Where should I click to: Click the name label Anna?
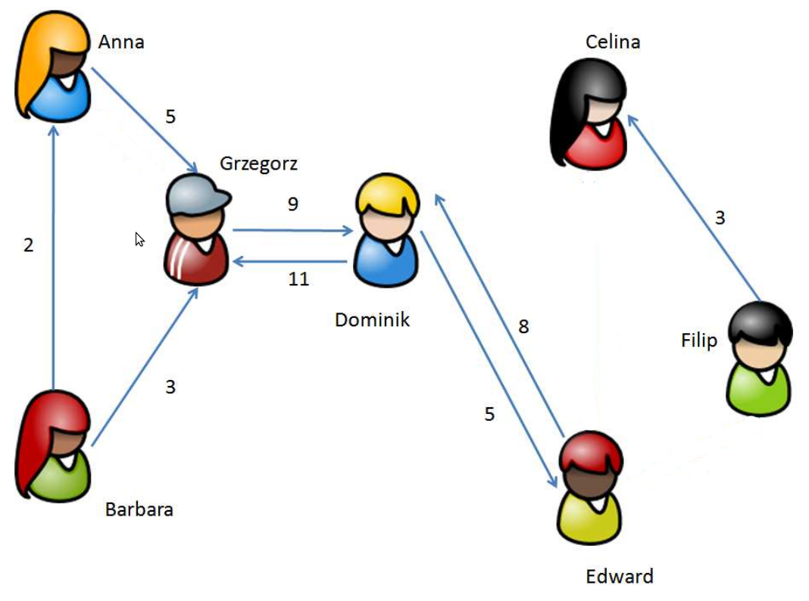(x=121, y=42)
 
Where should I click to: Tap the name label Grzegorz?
(x=258, y=163)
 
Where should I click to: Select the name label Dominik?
(x=372, y=319)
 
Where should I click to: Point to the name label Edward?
(x=619, y=576)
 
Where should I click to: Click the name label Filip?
(x=698, y=340)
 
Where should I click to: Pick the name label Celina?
(x=612, y=42)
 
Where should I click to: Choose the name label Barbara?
(x=139, y=509)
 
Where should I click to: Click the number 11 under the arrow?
(x=298, y=279)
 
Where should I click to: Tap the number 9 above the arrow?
(x=293, y=204)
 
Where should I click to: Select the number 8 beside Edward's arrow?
(x=523, y=327)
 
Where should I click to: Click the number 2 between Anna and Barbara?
(x=29, y=245)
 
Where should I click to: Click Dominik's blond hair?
(x=387, y=193)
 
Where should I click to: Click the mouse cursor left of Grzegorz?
(x=139, y=239)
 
